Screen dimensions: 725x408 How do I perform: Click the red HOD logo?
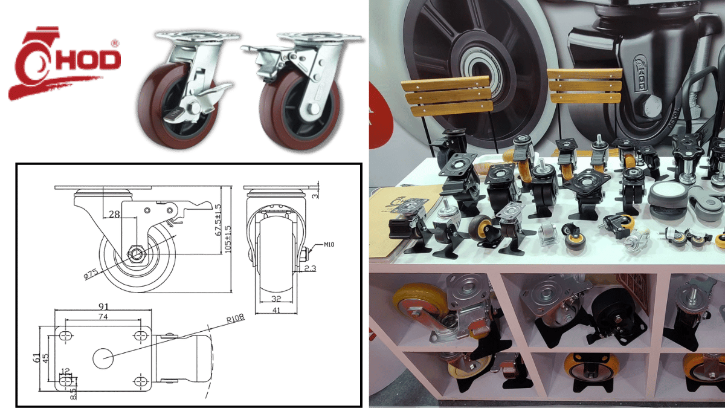click(65, 63)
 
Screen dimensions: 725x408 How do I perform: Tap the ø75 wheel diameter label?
click(91, 274)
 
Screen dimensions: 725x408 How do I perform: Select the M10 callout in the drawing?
click(329, 244)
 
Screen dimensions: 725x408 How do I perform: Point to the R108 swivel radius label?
click(235, 319)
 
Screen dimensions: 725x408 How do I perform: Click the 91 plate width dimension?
click(103, 306)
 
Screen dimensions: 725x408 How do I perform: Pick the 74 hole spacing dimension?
click(103, 316)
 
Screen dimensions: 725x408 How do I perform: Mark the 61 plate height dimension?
click(37, 357)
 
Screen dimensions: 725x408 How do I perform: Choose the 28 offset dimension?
click(114, 214)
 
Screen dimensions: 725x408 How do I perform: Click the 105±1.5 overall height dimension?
click(228, 239)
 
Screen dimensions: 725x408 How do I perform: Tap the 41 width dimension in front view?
click(276, 310)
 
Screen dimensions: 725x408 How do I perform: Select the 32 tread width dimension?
click(276, 299)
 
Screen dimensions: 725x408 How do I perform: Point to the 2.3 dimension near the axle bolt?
click(310, 268)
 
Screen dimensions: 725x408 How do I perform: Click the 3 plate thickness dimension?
click(315, 195)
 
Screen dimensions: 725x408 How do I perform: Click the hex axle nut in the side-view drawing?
click(137, 253)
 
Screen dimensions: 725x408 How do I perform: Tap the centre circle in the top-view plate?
click(103, 358)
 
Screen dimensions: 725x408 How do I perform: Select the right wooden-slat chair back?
click(585, 86)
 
